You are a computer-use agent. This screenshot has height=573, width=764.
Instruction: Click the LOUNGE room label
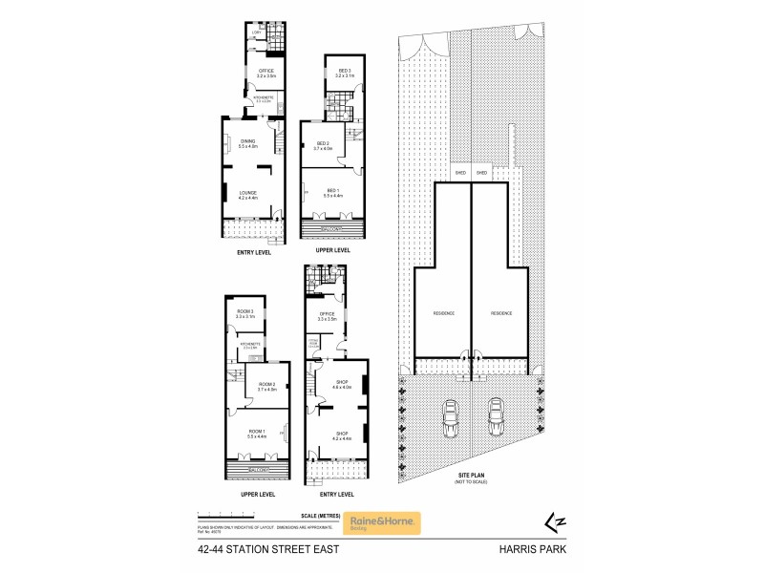pyautogui.click(x=247, y=194)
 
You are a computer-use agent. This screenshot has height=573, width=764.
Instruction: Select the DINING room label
pyautogui.click(x=247, y=144)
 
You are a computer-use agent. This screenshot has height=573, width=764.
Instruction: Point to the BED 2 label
pyautogui.click(x=322, y=145)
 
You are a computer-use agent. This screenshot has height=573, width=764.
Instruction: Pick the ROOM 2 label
pyautogui.click(x=266, y=386)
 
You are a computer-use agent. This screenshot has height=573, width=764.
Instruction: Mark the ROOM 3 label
pyautogui.click(x=246, y=314)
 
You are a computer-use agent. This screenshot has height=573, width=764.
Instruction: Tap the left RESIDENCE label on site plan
pyautogui.click(x=442, y=313)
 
